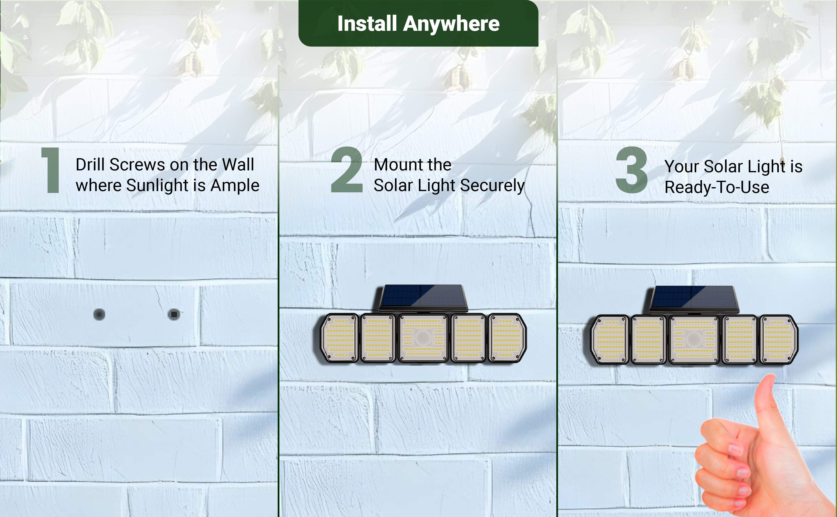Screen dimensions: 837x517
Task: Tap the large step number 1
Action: [51, 170]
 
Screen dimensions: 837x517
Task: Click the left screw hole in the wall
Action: [99, 314]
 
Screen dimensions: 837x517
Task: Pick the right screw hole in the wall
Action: [174, 314]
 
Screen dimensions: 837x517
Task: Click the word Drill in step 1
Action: [90, 165]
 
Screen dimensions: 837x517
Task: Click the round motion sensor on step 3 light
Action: [694, 339]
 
